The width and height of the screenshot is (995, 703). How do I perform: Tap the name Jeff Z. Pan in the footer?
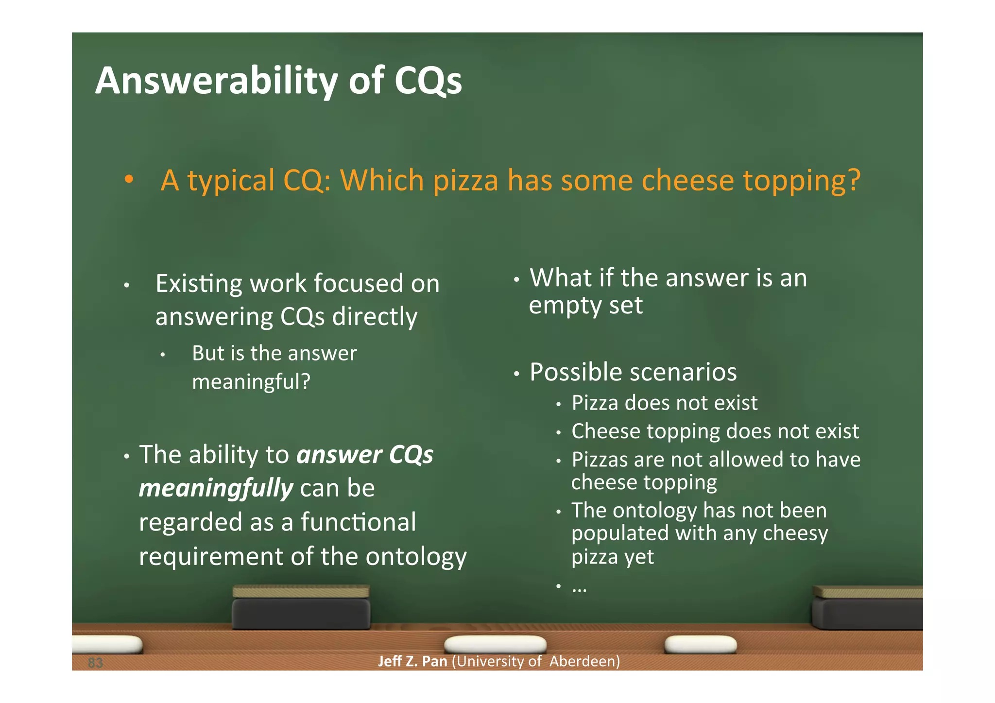412,661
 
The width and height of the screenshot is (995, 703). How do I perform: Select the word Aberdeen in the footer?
584,661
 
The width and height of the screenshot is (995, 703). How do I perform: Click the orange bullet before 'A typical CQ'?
129,179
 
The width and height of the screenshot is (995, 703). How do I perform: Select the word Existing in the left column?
199,284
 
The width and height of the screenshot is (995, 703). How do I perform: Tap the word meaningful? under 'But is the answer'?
251,381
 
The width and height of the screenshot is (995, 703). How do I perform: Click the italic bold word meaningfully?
216,488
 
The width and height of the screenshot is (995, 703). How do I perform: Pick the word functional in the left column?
358,522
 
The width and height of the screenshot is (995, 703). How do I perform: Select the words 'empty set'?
585,306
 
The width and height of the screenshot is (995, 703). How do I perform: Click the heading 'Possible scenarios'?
633,372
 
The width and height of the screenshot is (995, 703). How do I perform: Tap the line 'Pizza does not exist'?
664,403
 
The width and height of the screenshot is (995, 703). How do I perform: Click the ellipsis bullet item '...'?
579,588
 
